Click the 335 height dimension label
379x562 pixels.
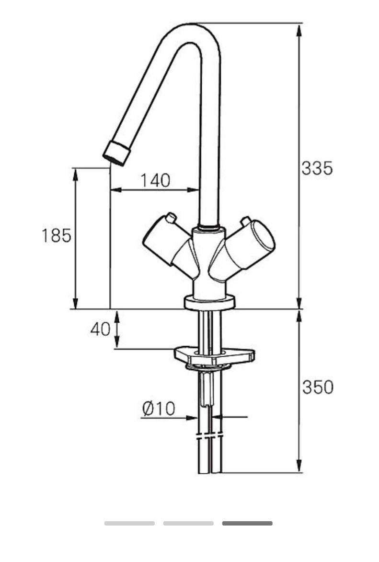(317, 168)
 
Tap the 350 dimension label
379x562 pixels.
(318, 387)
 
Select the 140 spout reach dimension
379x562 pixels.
(155, 180)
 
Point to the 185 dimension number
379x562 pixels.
(56, 235)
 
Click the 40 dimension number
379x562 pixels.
(100, 329)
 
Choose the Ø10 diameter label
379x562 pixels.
(159, 408)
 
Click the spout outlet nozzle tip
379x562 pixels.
(116, 153)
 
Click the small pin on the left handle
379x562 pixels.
(171, 217)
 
